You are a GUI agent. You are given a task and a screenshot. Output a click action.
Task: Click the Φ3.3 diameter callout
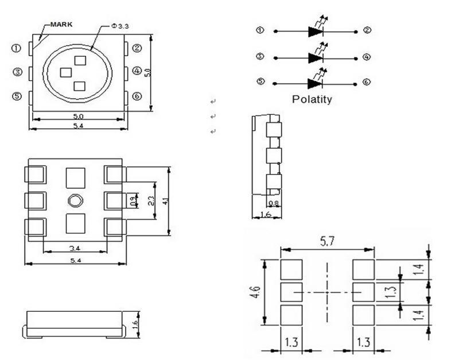tap(119, 26)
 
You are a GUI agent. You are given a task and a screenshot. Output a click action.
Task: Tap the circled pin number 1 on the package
tap(17, 49)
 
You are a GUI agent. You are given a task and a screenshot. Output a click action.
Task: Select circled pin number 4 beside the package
tap(137, 71)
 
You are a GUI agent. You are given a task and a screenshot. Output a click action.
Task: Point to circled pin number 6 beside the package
tap(137, 96)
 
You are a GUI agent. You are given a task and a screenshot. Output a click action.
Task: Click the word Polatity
tap(312, 99)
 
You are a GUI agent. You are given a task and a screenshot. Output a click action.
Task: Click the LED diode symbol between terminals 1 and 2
tap(316, 31)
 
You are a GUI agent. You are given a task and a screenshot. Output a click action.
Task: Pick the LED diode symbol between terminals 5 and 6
tap(316, 83)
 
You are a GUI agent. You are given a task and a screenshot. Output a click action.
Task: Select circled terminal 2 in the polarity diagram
tap(367, 30)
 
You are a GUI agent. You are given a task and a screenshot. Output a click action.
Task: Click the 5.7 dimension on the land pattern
tap(327, 243)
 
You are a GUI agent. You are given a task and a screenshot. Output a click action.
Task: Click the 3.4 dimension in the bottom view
tap(75, 249)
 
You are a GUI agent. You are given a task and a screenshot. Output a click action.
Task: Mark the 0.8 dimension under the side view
tap(274, 203)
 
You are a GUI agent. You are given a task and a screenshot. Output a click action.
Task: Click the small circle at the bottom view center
tap(75, 200)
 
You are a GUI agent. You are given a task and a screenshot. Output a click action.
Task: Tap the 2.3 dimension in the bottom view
tap(150, 201)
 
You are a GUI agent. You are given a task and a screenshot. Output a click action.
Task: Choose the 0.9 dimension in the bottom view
tap(134, 201)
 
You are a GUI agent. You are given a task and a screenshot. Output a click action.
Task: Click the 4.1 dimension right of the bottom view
tap(166, 201)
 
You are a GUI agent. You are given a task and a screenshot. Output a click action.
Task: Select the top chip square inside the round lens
tap(80, 59)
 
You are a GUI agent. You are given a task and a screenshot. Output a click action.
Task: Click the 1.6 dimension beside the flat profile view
tap(135, 324)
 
